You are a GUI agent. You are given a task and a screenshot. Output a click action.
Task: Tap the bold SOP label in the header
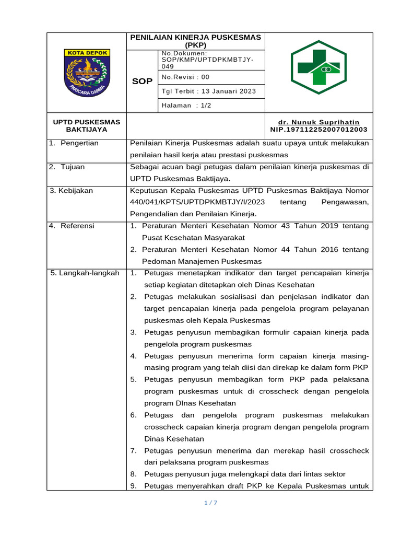coord(142,82)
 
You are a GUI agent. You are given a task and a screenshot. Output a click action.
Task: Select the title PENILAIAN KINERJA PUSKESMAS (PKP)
coord(196,41)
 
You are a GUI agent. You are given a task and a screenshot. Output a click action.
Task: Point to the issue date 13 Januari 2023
coord(226,91)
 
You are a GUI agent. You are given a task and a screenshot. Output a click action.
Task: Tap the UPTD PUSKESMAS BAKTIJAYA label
coord(87,125)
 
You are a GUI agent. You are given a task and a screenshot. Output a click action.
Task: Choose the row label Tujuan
coord(73,167)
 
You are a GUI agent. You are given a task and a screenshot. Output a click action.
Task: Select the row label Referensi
coord(77,226)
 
